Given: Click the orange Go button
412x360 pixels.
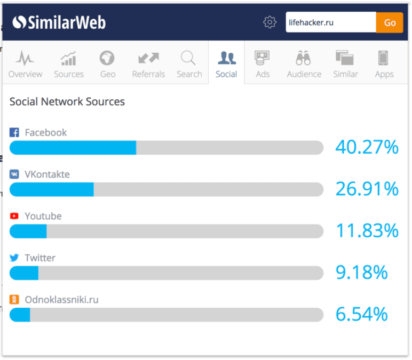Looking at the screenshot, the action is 390,22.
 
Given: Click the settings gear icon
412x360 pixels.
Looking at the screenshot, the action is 270,22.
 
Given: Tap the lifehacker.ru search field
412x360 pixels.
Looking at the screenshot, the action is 331,22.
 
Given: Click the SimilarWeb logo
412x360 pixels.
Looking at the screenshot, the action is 59,22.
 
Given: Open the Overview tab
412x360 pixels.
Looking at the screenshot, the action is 25,65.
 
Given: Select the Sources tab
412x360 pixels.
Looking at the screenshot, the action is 69,65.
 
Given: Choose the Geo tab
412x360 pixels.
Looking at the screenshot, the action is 107,65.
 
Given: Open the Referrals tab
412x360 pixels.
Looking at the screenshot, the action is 148,65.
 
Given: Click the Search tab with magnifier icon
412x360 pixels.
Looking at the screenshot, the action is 189,65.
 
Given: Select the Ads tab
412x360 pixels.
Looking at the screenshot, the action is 263,65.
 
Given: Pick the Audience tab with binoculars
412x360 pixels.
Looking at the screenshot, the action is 304,65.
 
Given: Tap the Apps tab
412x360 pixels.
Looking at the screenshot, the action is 384,65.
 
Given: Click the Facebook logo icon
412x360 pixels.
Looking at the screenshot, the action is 14,133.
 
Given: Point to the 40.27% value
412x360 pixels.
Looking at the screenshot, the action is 367,147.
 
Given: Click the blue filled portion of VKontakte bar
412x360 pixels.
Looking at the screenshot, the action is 51,189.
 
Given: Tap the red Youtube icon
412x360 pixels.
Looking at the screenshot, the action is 14,216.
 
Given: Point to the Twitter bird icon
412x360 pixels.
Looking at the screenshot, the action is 14,258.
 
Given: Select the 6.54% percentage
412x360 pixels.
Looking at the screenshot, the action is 361,314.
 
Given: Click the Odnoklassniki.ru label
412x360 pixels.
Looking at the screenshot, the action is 61,300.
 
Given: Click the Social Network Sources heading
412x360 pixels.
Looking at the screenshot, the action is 67,102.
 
